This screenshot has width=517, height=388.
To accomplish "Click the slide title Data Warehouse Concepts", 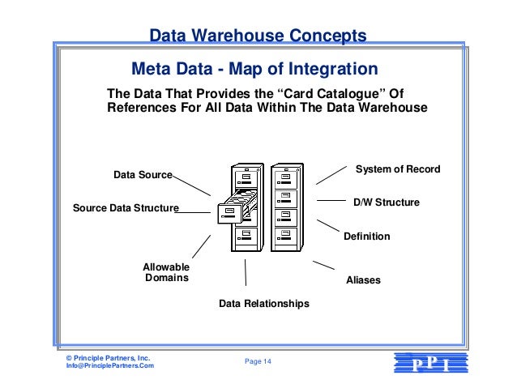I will coord(258,36).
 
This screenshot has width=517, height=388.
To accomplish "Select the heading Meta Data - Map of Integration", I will coord(254,67).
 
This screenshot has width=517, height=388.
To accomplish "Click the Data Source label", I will coord(143,174).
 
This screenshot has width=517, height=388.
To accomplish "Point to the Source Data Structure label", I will coord(126,208).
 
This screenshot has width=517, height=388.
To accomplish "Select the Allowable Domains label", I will coord(166,272).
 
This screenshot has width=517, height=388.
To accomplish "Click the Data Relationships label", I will coord(263,304).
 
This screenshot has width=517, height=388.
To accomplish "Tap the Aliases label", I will coord(362,280).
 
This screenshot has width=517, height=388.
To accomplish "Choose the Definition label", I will coord(366,237).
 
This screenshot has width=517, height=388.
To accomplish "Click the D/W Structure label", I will coord(386,202).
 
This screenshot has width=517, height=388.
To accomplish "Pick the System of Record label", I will coord(398,169).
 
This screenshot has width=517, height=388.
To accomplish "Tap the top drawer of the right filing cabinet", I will coord(285,177).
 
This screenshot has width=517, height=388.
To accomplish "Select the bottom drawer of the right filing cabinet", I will coord(285,236).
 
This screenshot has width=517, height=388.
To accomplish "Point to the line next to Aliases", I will coord(323,265).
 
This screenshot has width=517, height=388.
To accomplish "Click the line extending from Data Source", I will coord(192,183).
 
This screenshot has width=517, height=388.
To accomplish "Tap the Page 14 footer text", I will coord(258,361).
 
